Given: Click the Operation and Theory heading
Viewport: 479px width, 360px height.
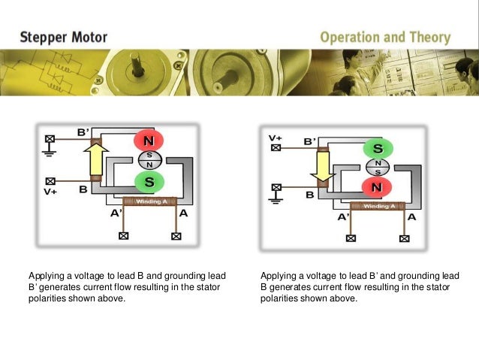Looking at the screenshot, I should pos(385,37).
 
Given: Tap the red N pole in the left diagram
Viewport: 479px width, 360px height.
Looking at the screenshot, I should pos(149,141).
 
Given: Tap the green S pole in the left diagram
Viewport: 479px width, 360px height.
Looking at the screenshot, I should pos(149,181).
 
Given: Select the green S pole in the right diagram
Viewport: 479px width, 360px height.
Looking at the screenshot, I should pos(378,147).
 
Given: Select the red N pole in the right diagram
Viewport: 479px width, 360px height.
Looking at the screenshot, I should pos(378,186).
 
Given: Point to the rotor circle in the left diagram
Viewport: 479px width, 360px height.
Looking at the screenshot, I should pos(149,160).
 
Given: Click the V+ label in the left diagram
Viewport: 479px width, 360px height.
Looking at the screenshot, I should pos(51,192).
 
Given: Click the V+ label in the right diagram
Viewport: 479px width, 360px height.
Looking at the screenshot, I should pos(276,138).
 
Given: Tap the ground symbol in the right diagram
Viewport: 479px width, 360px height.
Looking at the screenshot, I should pos(276,199).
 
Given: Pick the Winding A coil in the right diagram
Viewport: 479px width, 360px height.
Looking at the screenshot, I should pos(378,205).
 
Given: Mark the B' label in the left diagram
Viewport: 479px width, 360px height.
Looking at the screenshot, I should pos(83,133).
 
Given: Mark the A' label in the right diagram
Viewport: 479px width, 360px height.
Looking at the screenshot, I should pos(343,217).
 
